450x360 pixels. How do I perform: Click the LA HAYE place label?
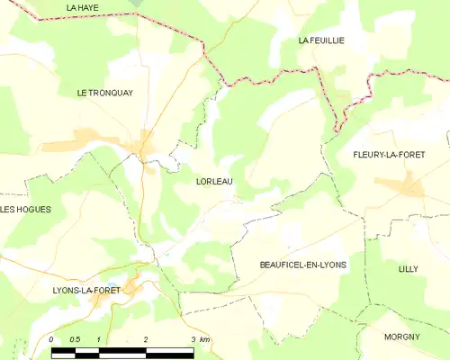(x=83, y=7)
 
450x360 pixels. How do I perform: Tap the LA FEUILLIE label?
(x=321, y=41)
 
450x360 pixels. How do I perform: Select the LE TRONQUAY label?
(x=105, y=92)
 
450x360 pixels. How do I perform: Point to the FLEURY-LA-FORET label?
(x=389, y=154)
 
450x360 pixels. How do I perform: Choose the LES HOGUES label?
(x=25, y=210)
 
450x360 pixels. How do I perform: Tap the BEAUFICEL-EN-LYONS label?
(x=302, y=264)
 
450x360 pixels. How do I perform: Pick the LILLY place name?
(x=409, y=269)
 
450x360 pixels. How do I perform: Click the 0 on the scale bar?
(x=51, y=338)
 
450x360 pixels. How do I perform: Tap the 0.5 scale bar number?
(x=74, y=338)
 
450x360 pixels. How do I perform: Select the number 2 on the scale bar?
(x=146, y=338)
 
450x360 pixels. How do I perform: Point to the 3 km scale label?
(x=200, y=338)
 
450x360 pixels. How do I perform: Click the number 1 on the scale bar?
(x=98, y=338)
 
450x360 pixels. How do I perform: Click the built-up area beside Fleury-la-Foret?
(x=400, y=186)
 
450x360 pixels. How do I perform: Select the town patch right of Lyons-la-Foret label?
(x=133, y=288)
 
